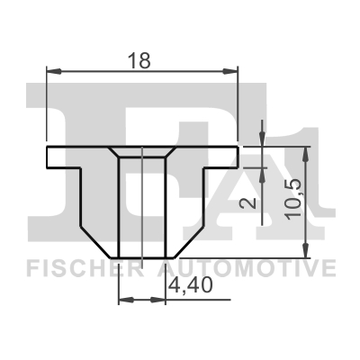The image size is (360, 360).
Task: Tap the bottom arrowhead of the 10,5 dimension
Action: [308, 247]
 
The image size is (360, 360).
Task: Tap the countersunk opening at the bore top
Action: [142, 153]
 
